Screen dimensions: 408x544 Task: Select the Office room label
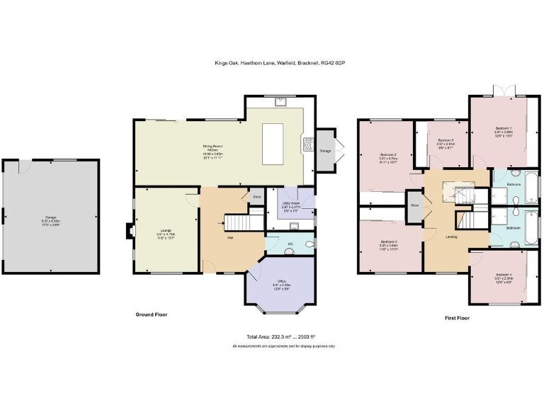click(283, 286)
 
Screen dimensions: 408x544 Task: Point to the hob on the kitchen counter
click(309, 144)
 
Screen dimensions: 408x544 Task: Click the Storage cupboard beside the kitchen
click(325, 150)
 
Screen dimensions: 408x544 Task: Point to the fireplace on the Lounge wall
click(127, 232)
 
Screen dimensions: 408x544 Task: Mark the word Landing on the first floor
click(451, 237)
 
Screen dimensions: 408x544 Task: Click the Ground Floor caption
click(152, 314)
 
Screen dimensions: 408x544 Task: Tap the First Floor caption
click(457, 318)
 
